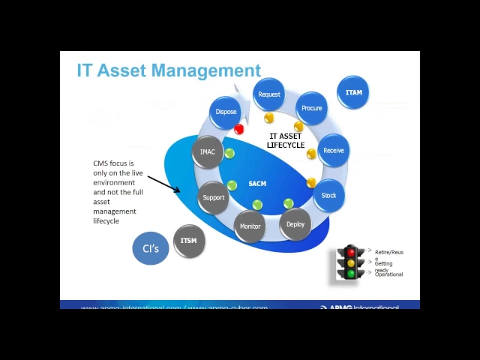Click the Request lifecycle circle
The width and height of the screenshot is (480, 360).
[268, 94]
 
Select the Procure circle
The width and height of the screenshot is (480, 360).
[311, 108]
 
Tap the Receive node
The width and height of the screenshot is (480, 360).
[333, 150]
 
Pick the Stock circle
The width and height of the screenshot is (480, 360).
[328, 195]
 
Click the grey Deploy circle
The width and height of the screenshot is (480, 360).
[295, 223]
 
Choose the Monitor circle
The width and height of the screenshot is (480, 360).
[250, 226]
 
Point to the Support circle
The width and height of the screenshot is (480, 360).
[214, 197]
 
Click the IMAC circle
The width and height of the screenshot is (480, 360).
[208, 151]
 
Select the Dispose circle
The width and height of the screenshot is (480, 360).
[226, 112]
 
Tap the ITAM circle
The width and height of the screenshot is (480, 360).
[353, 92]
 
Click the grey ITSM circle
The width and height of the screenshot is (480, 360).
[188, 241]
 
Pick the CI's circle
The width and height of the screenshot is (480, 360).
[151, 248]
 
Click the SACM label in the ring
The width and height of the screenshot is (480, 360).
[257, 184]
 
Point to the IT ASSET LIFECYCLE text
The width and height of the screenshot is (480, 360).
[286, 140]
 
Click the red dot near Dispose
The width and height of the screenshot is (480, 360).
[239, 129]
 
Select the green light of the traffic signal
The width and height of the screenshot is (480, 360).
[350, 274]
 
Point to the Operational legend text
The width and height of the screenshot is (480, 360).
[389, 274]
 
